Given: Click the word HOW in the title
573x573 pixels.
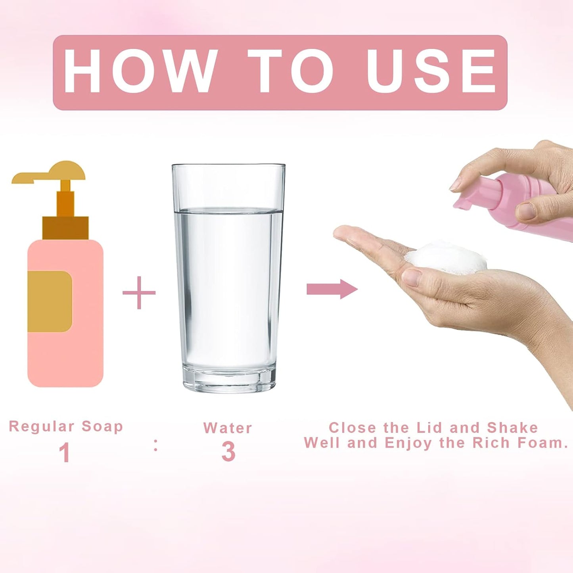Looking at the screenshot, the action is coord(139,71).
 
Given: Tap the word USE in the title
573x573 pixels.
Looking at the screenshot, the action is coord(431,71).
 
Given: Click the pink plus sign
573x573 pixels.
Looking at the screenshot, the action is coord(139,293).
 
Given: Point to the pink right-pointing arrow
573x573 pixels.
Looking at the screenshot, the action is coord(332,289).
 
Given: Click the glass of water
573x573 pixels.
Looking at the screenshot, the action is coord(228,278).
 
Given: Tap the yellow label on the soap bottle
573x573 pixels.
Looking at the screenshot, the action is coord(50,301).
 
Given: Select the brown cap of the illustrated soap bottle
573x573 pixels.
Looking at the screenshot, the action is coord(65,228).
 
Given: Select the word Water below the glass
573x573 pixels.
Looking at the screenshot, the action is coord(228,428).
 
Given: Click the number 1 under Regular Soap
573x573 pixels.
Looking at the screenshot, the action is coord(65,452).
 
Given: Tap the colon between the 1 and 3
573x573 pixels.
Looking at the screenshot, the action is coord(155,449).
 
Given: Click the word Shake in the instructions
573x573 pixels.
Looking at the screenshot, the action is coord(512,427).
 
